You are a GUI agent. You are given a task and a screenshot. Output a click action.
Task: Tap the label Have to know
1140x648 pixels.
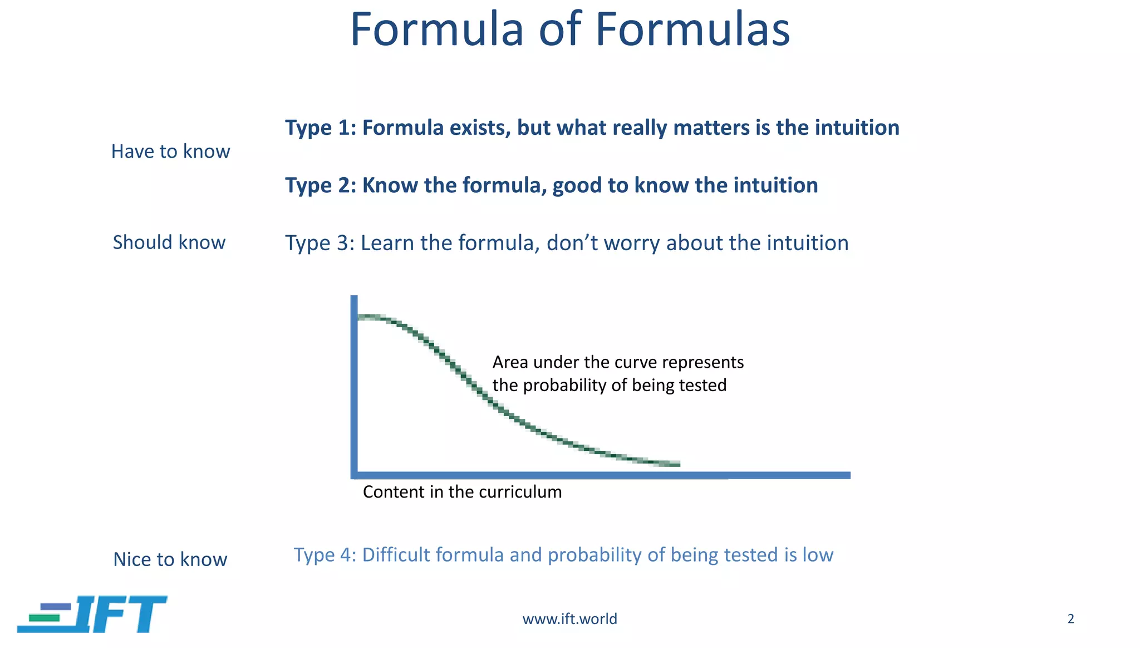pyautogui.click(x=170, y=152)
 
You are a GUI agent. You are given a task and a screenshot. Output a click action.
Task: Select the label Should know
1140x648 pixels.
pyautogui.click(x=169, y=242)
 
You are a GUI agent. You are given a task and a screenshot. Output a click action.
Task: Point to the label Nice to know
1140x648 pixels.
pyautogui.click(x=170, y=559)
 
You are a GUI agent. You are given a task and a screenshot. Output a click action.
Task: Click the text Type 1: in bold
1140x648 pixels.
pyautogui.click(x=320, y=128)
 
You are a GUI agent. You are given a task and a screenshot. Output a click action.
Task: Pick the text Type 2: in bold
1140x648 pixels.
pyautogui.click(x=320, y=186)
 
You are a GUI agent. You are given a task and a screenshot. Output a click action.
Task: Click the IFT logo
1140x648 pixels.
pyautogui.click(x=92, y=614)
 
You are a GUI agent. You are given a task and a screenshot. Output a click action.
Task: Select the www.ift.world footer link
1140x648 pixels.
pyautogui.click(x=569, y=619)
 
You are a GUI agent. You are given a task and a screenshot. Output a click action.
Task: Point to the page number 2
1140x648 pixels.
pyautogui.click(x=1070, y=618)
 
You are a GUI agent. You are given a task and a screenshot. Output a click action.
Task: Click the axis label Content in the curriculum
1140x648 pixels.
pyautogui.click(x=462, y=492)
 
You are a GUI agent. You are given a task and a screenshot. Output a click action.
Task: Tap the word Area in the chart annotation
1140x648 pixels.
pyautogui.click(x=510, y=363)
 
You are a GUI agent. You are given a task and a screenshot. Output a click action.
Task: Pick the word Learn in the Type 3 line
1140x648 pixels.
pyautogui.click(x=387, y=243)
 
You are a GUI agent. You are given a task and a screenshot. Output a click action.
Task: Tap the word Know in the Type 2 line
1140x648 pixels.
pyautogui.click(x=390, y=186)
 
